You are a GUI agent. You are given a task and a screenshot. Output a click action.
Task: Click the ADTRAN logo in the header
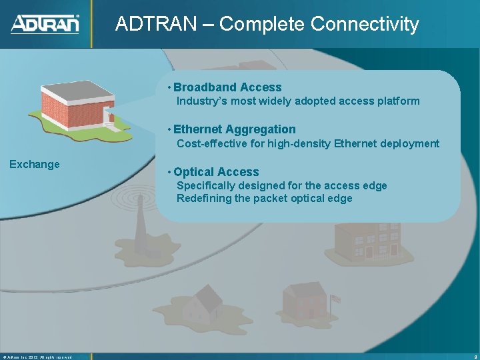pos(45,24)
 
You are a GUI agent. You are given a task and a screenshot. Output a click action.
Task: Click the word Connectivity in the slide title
pos(365,25)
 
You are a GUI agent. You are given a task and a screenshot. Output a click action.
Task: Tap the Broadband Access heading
pos(227,87)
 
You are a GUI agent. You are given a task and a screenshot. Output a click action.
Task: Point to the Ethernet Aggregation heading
pos(234,129)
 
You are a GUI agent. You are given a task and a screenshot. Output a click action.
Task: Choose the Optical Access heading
pos(216,172)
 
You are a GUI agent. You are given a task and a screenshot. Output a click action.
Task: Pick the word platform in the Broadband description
pos(398,101)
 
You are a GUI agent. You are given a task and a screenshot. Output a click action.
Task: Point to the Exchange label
pos(34,165)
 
